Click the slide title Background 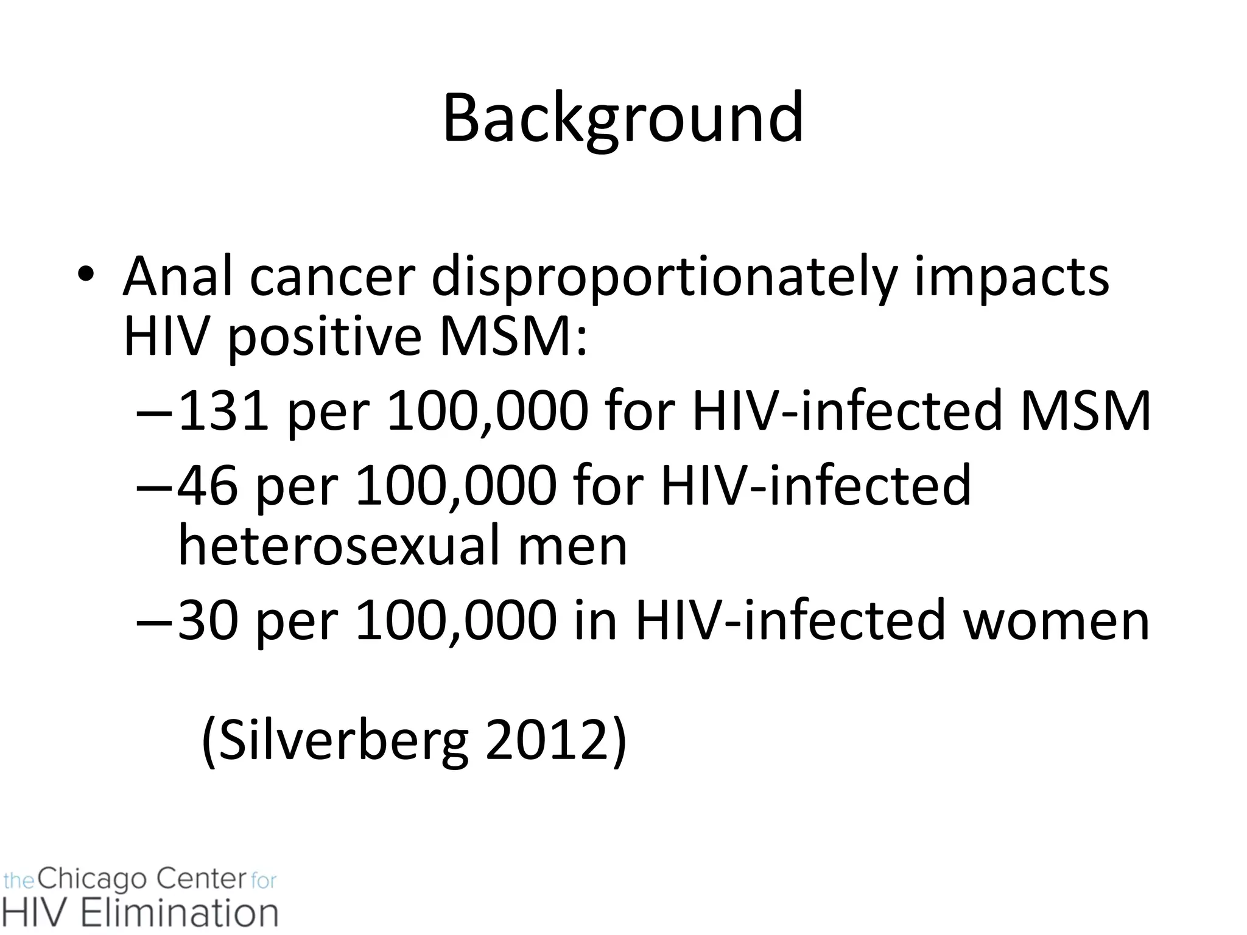coord(623,118)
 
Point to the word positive coord(325,338)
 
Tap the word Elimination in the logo coord(180,913)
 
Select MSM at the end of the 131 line coord(1085,410)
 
